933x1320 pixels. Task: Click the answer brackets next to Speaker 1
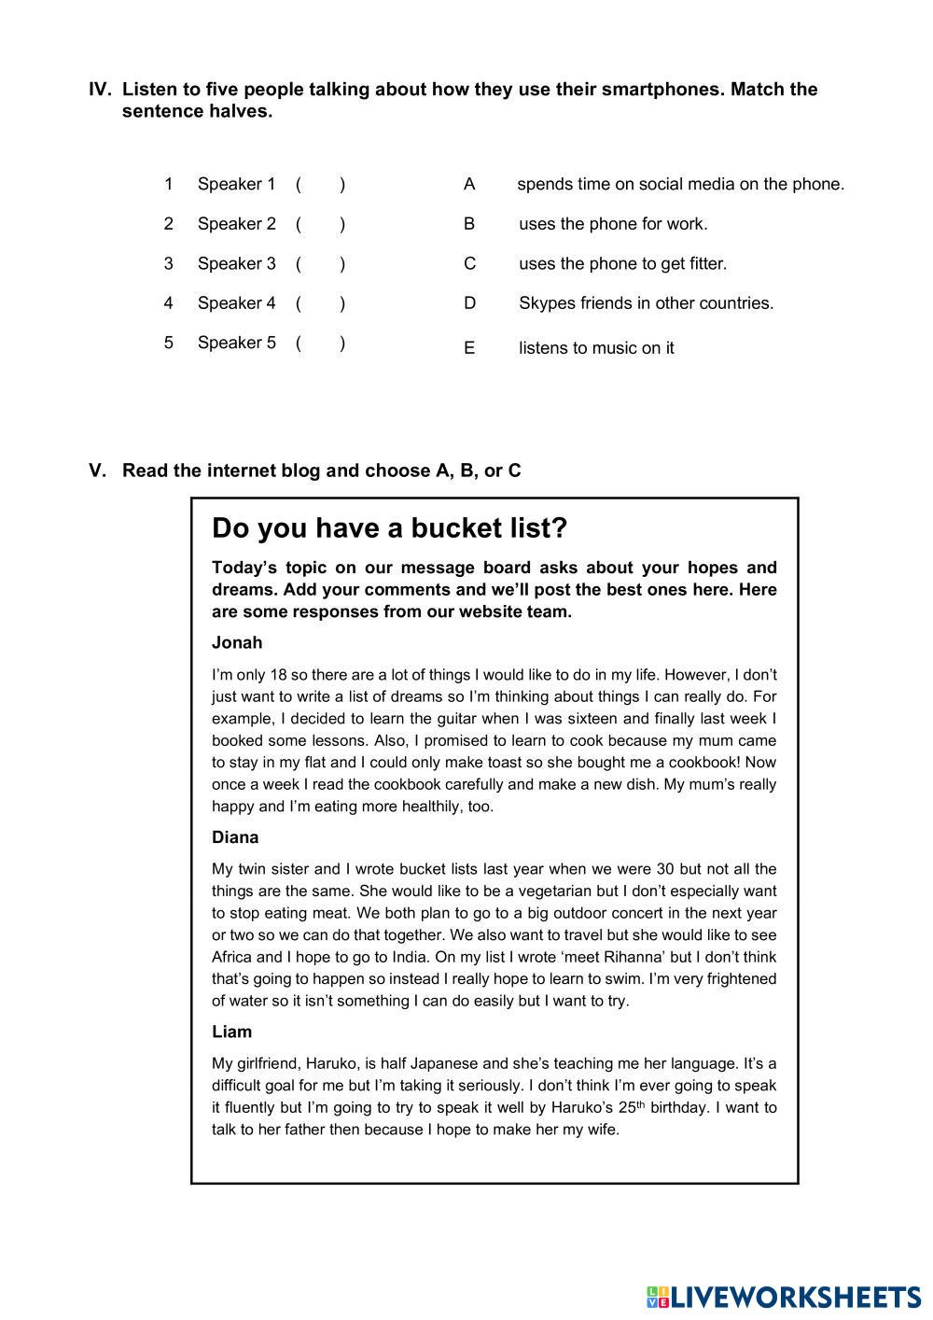coord(320,184)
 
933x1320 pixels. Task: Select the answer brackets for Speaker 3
coord(320,263)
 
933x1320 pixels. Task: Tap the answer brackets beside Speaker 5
coord(320,343)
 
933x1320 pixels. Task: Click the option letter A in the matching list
coord(469,184)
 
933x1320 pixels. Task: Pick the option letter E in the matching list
coord(469,348)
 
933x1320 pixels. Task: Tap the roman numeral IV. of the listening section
coord(100,90)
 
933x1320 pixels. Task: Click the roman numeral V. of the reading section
coord(98,470)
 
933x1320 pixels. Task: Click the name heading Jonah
coord(237,642)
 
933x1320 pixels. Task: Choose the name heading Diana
coord(235,837)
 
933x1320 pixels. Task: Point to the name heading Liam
coord(231,1032)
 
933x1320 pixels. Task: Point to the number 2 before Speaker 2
coord(169,224)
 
